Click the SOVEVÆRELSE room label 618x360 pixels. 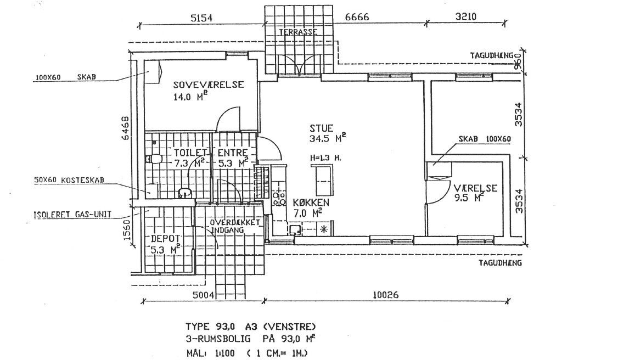point(209,85)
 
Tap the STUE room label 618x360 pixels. point(321,128)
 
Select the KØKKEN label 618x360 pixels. point(311,203)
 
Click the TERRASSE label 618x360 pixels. point(298,32)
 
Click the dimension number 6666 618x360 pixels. point(357,17)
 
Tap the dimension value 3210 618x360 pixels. point(466,16)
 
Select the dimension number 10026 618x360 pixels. point(385,295)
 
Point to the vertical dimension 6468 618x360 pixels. point(125,128)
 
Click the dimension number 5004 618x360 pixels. point(203,295)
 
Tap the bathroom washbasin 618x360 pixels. point(184,193)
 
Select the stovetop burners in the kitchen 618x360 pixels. point(279,199)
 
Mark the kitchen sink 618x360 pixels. point(294,229)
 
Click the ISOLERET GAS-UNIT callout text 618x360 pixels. point(72,215)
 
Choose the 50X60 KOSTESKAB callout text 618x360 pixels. point(69,180)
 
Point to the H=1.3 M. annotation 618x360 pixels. point(325,158)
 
